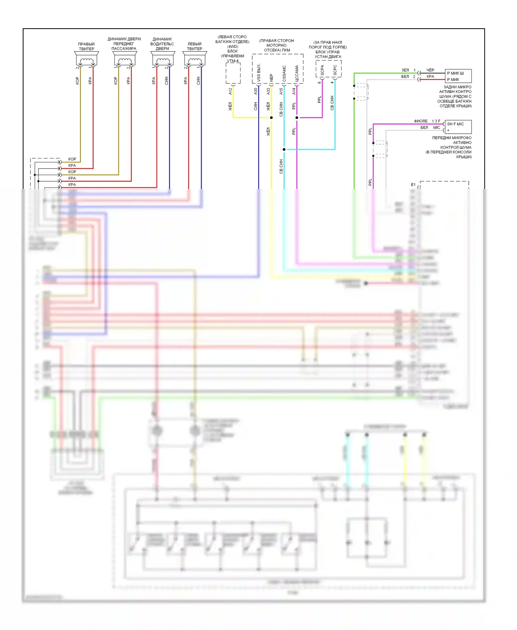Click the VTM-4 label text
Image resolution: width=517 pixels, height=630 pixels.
pos(233,61)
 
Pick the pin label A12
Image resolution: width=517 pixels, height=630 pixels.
pos(230,91)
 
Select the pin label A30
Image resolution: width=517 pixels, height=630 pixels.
pos(256,91)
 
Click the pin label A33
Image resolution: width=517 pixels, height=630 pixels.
pos(268,91)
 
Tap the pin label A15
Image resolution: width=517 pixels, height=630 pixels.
pos(281,91)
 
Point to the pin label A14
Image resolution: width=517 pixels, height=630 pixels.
pos(294,91)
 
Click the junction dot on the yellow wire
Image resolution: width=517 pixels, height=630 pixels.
pos(271,118)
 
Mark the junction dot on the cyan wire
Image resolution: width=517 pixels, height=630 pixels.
pos(284,150)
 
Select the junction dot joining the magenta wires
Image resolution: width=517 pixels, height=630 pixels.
pos(297,118)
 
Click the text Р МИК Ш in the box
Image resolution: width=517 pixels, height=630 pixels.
pos(455,73)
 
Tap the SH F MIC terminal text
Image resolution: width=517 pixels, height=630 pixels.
pos(455,124)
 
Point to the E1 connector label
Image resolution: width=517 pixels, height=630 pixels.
pos(413,185)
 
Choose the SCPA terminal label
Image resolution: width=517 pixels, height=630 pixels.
pos(322,70)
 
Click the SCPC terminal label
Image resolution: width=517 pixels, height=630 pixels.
pos(335,70)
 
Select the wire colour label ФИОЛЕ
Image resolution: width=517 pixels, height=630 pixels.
pos(420,121)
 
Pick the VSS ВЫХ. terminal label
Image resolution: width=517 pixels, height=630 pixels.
pos(259,72)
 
